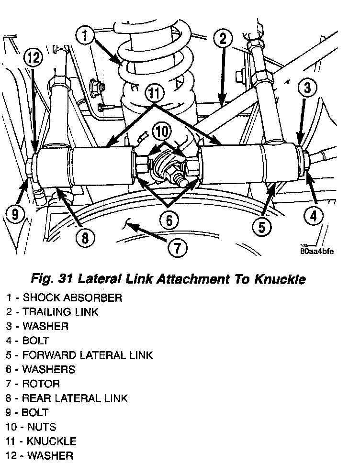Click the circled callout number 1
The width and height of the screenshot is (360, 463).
coord(85,36)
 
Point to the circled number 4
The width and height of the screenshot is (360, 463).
coord(313,216)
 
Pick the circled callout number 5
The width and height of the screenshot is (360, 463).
coord(261,226)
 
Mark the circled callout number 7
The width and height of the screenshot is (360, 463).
coord(177,248)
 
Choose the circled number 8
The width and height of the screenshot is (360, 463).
coord(85,237)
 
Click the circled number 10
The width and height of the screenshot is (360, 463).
coord(163,130)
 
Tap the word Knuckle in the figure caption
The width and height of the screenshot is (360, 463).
coord(280,279)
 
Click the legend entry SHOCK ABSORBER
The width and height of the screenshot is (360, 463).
coord(72,298)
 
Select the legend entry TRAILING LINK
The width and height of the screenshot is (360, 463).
coord(60,312)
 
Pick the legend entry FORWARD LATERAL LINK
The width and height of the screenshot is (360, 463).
coord(88,355)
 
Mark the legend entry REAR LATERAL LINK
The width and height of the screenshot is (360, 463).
coord(75,398)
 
